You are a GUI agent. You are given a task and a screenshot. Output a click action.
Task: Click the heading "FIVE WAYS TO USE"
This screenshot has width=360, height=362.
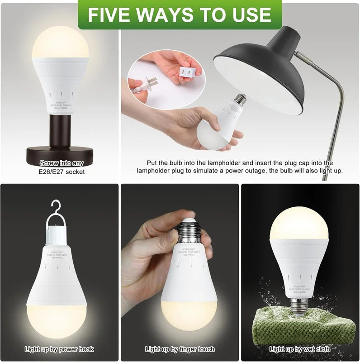(180, 14)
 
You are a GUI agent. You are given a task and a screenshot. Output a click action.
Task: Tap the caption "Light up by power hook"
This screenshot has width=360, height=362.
(59, 349)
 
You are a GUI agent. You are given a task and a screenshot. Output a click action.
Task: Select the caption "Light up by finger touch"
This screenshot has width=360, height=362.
(180, 349)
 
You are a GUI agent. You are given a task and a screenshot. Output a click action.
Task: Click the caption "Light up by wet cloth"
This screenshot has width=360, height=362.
(300, 349)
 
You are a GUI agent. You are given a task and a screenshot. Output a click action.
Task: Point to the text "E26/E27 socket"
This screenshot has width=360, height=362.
(61, 171)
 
